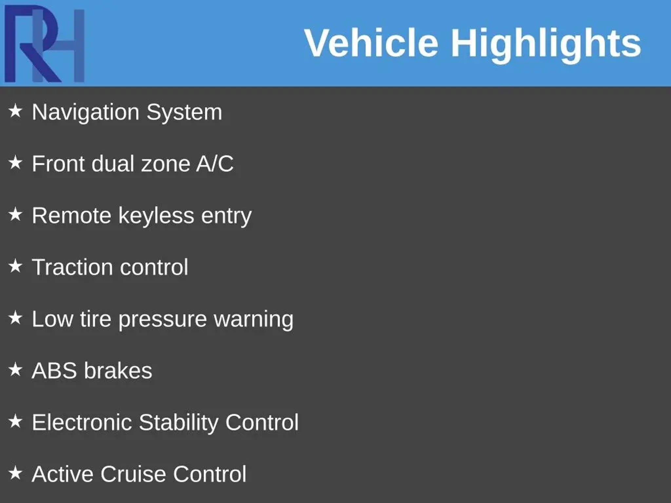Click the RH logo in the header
pos(45,44)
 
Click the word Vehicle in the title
pos(372,43)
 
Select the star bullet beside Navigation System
pos(15,111)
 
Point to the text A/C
pos(215,163)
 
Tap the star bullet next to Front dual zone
pos(15,163)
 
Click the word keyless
pos(156,216)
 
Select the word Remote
pos(71,215)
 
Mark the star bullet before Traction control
pos(15,266)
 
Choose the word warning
pos(254,320)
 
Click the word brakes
pos(118,370)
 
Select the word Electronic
pos(82,422)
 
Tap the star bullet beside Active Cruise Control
pos(15,473)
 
